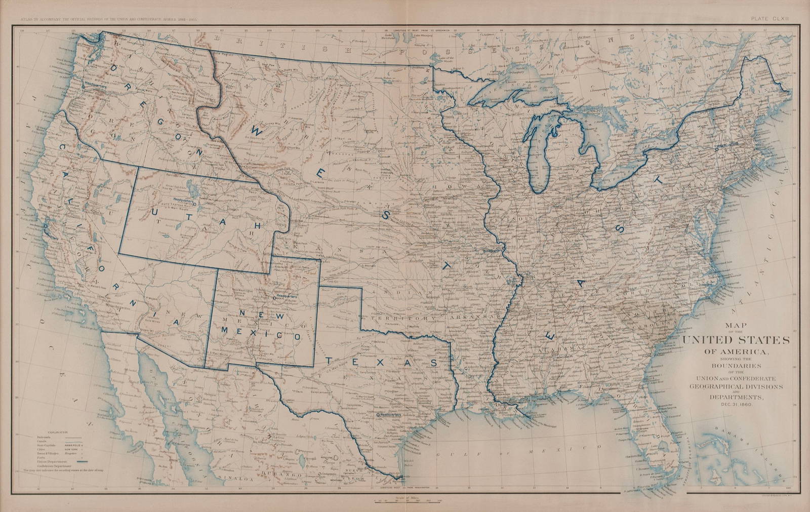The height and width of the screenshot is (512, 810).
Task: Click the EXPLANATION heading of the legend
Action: pos(47,434)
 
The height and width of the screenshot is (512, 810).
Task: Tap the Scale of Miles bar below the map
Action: pos(405,501)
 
